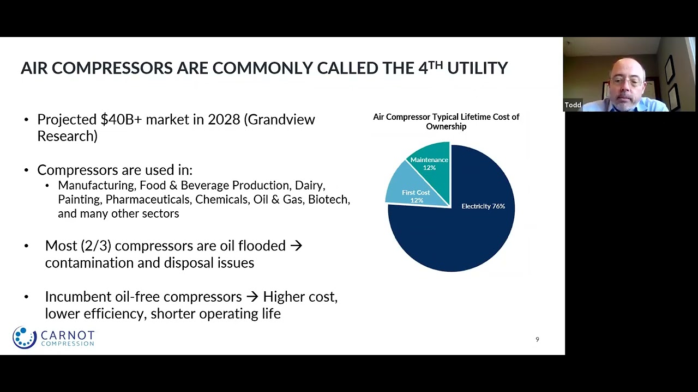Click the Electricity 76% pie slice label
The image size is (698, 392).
pyautogui.click(x=483, y=206)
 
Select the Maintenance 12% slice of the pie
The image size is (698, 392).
pyautogui.click(x=429, y=163)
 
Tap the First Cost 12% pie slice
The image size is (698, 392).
pyautogui.click(x=416, y=196)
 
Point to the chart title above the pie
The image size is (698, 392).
pyautogui.click(x=446, y=121)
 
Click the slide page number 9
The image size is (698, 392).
pyautogui.click(x=537, y=340)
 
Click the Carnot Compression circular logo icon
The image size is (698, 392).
pyautogui.click(x=25, y=338)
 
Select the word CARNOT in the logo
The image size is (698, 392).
pyautogui.click(x=68, y=335)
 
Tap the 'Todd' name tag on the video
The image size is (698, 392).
pyautogui.click(x=573, y=105)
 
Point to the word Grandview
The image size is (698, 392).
pyautogui.click(x=280, y=119)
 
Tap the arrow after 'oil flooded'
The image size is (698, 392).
pyautogui.click(x=296, y=246)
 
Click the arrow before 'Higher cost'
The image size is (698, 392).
pyautogui.click(x=252, y=297)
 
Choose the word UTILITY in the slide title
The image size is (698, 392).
pyautogui.click(x=477, y=68)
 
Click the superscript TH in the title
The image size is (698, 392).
pyautogui.click(x=435, y=65)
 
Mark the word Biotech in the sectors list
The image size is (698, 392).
pyautogui.click(x=329, y=199)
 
